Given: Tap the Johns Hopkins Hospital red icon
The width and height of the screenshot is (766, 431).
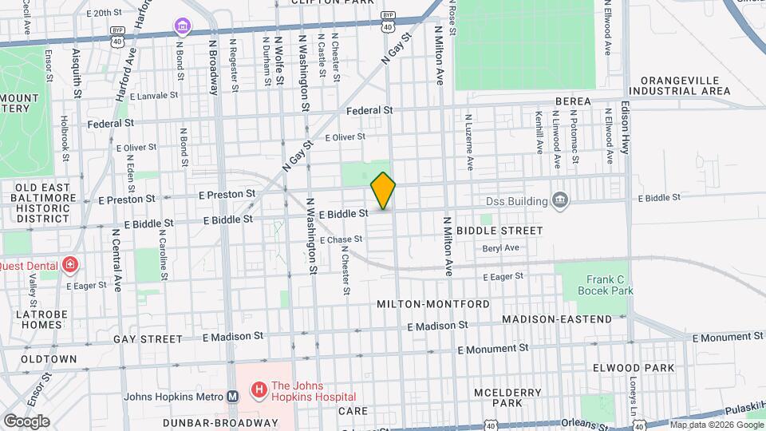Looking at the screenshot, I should click(x=258, y=389).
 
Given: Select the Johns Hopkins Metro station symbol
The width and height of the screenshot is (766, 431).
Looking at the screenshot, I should click(x=232, y=396).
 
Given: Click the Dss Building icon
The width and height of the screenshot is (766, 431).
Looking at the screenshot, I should click(x=559, y=199).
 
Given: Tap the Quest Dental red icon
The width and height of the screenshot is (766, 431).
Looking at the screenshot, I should click(x=70, y=263).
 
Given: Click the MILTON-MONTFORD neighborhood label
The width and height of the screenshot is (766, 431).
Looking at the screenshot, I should click(x=421, y=305).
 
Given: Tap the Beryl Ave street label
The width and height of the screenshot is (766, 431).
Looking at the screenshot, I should click(x=500, y=248).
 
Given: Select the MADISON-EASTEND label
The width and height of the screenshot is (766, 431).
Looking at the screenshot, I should click(x=557, y=319).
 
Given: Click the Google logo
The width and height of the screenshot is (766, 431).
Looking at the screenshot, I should click(x=26, y=421).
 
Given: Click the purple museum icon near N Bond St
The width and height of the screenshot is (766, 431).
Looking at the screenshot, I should click(x=183, y=29).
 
